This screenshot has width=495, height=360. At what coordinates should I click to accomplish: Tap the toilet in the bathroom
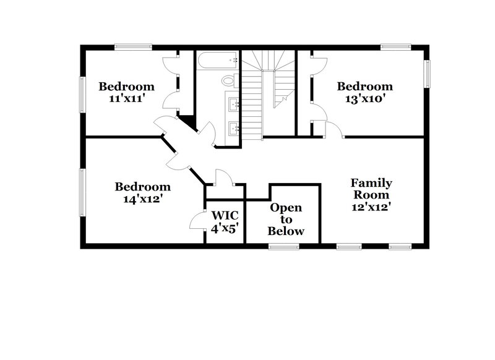coord(229,80)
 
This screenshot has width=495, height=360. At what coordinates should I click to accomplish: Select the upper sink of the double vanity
coord(234,103)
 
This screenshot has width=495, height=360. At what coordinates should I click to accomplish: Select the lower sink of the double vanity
coord(234,129)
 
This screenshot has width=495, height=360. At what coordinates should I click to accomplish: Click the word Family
coord(371,183)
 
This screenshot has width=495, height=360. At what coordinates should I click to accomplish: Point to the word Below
coord(286,231)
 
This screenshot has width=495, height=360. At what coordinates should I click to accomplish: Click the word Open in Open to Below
coord(286,208)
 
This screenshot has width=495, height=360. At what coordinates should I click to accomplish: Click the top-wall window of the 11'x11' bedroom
coord(133,46)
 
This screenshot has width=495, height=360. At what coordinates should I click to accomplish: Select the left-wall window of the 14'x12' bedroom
coord(82,192)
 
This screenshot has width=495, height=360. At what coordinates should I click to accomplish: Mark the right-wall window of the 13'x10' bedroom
coord(426,74)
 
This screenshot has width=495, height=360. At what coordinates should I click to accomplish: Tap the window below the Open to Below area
coord(283,247)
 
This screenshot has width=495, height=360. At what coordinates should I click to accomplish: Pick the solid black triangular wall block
coord(188,122)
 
